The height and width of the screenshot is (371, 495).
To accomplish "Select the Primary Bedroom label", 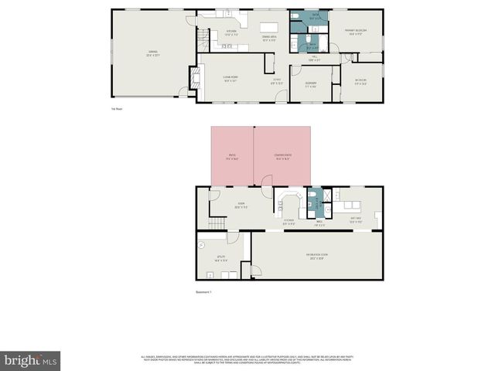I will (356, 32).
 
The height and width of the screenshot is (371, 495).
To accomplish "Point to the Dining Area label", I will (269, 39).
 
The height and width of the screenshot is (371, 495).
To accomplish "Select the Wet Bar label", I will (356, 220).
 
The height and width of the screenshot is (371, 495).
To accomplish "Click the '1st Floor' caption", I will (117, 109).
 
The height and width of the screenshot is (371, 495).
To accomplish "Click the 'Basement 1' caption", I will (203, 292).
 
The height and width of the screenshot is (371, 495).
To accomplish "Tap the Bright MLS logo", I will (30, 360).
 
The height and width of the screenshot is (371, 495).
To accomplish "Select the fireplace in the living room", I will (194, 77).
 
